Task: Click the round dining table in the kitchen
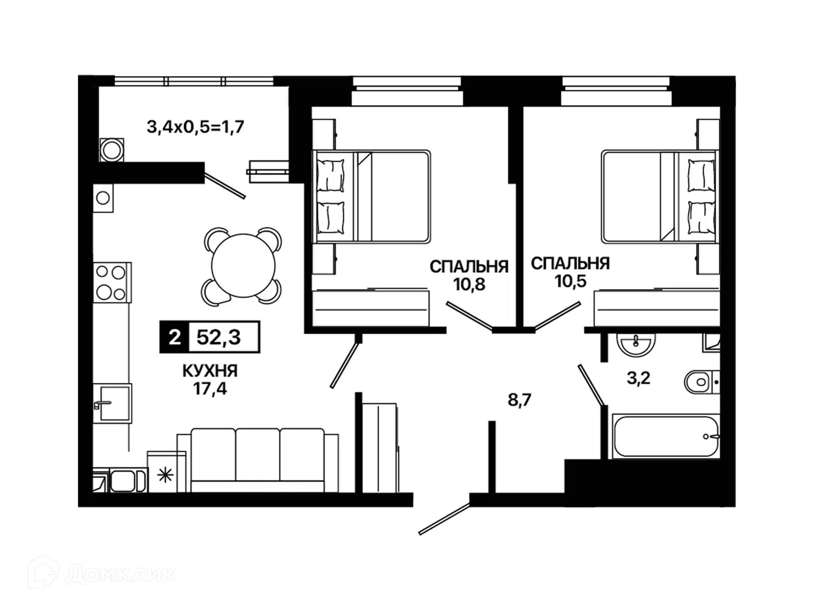[243, 265]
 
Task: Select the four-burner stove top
[111, 282]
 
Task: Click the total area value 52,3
[218, 337]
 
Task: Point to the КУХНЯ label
[210, 371]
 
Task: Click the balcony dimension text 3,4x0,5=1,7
[196, 127]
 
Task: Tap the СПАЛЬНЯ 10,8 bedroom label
[469, 276]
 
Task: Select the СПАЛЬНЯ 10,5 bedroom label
[570, 272]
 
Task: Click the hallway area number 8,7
[519, 400]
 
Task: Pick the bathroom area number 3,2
[639, 378]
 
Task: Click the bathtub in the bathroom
[666, 436]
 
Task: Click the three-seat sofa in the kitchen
[257, 460]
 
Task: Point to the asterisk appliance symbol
[166, 475]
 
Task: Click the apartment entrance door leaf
[444, 520]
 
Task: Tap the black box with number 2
[174, 337]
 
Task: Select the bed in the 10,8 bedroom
[371, 197]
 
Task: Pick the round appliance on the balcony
[111, 150]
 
